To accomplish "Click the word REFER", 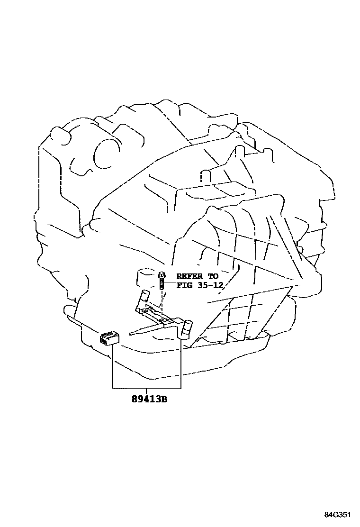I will click(188, 275).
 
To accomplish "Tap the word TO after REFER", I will click(213, 275).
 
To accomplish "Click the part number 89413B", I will click(150, 400).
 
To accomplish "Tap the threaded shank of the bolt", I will click(162, 284).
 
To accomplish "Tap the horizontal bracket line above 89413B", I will click(147, 388).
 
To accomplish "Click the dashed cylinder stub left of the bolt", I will click(144, 277).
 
